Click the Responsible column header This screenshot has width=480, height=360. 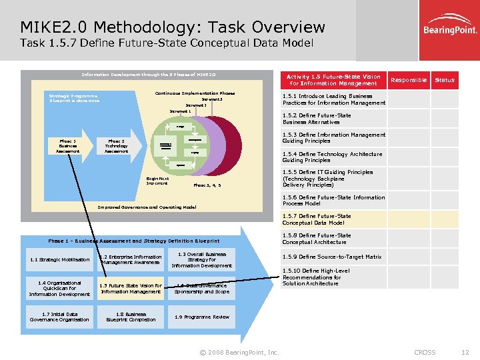408,80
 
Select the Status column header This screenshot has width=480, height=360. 444,80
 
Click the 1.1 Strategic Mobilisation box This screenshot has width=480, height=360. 59,260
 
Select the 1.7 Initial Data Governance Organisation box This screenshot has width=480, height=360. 59,317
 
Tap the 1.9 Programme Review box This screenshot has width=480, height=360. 202,317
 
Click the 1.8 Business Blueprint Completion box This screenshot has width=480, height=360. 131,317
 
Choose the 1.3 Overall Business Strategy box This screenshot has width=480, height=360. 202,260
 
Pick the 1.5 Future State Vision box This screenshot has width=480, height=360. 131,289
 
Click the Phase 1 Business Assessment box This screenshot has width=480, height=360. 67,145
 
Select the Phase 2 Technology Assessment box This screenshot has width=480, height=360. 116,145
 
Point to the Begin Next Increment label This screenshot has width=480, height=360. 157,181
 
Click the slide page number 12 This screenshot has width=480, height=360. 465,352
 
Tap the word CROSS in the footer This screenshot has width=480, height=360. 425,352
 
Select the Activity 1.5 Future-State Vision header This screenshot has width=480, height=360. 333,80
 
